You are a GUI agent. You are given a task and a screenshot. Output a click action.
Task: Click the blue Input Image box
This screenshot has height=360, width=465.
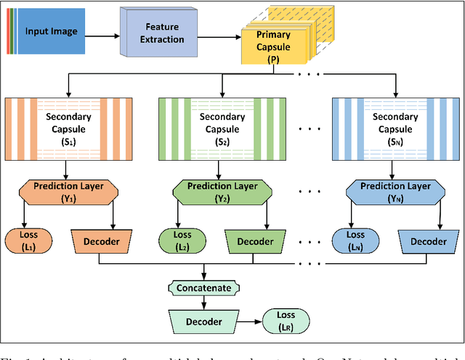click(52, 32)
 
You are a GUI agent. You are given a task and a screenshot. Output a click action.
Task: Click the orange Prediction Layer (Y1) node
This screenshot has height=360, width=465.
click(68, 191)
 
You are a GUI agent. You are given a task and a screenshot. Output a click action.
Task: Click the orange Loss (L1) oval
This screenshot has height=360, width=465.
click(26, 240)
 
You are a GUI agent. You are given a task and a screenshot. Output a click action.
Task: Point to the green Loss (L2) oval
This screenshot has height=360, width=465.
click(183, 240)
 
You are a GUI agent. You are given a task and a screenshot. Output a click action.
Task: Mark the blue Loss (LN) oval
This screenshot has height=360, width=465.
click(356, 240)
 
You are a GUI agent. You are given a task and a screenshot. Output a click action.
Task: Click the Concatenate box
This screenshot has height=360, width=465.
click(203, 288)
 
